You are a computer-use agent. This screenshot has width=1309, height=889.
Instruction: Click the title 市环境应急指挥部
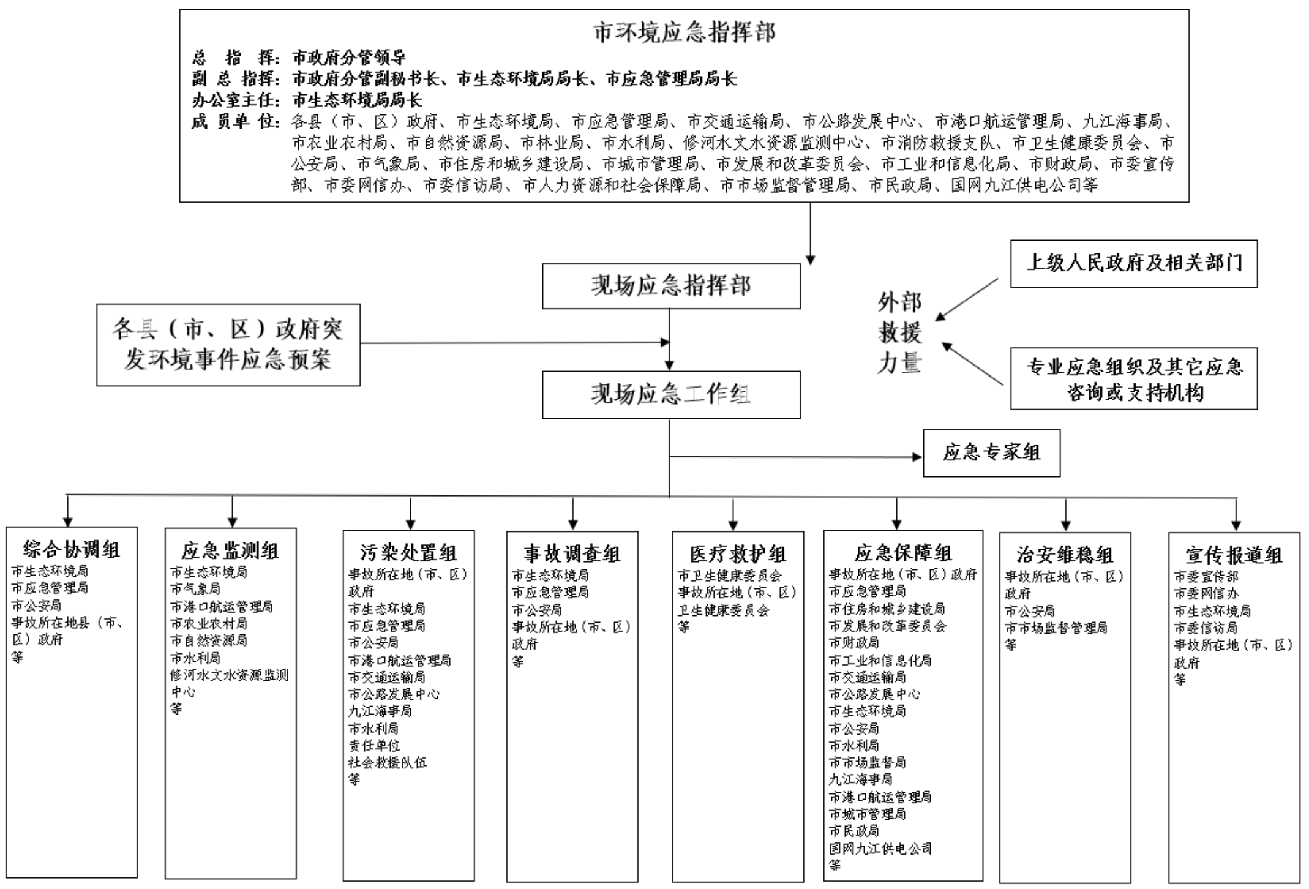pos(684,32)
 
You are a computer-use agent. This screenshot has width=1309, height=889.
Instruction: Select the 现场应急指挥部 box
pos(671,286)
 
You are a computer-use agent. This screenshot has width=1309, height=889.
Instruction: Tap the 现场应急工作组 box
pos(671,394)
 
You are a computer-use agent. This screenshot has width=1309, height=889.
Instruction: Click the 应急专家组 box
pos(991,453)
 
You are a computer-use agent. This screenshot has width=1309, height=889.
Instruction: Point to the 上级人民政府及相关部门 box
pos(1133,263)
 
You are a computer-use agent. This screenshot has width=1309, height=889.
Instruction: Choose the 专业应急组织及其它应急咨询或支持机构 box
pos(1133,378)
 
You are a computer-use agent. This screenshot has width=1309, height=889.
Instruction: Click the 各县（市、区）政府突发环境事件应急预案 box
pos(228,345)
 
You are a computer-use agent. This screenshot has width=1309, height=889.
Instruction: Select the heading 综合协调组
pos(72,549)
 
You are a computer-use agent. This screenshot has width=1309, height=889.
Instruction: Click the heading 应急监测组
pos(230,550)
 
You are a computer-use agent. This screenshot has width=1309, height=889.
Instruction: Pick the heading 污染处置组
pos(408,553)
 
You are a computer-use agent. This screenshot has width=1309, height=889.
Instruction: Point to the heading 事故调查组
pos(572,554)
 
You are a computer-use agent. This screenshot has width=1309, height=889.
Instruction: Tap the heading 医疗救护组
pos(738,554)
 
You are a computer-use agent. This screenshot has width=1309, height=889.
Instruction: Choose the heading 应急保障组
pos(903,553)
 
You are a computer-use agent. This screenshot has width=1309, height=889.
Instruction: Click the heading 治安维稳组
pos(1065,555)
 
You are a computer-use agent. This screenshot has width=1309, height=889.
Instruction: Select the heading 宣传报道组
pos(1234,555)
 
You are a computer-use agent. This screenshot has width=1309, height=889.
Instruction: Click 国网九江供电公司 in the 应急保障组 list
pos(880,849)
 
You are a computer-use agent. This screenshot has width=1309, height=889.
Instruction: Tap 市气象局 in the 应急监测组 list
pos(195,589)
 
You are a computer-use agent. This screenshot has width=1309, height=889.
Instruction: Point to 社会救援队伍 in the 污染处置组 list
pos(388,762)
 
